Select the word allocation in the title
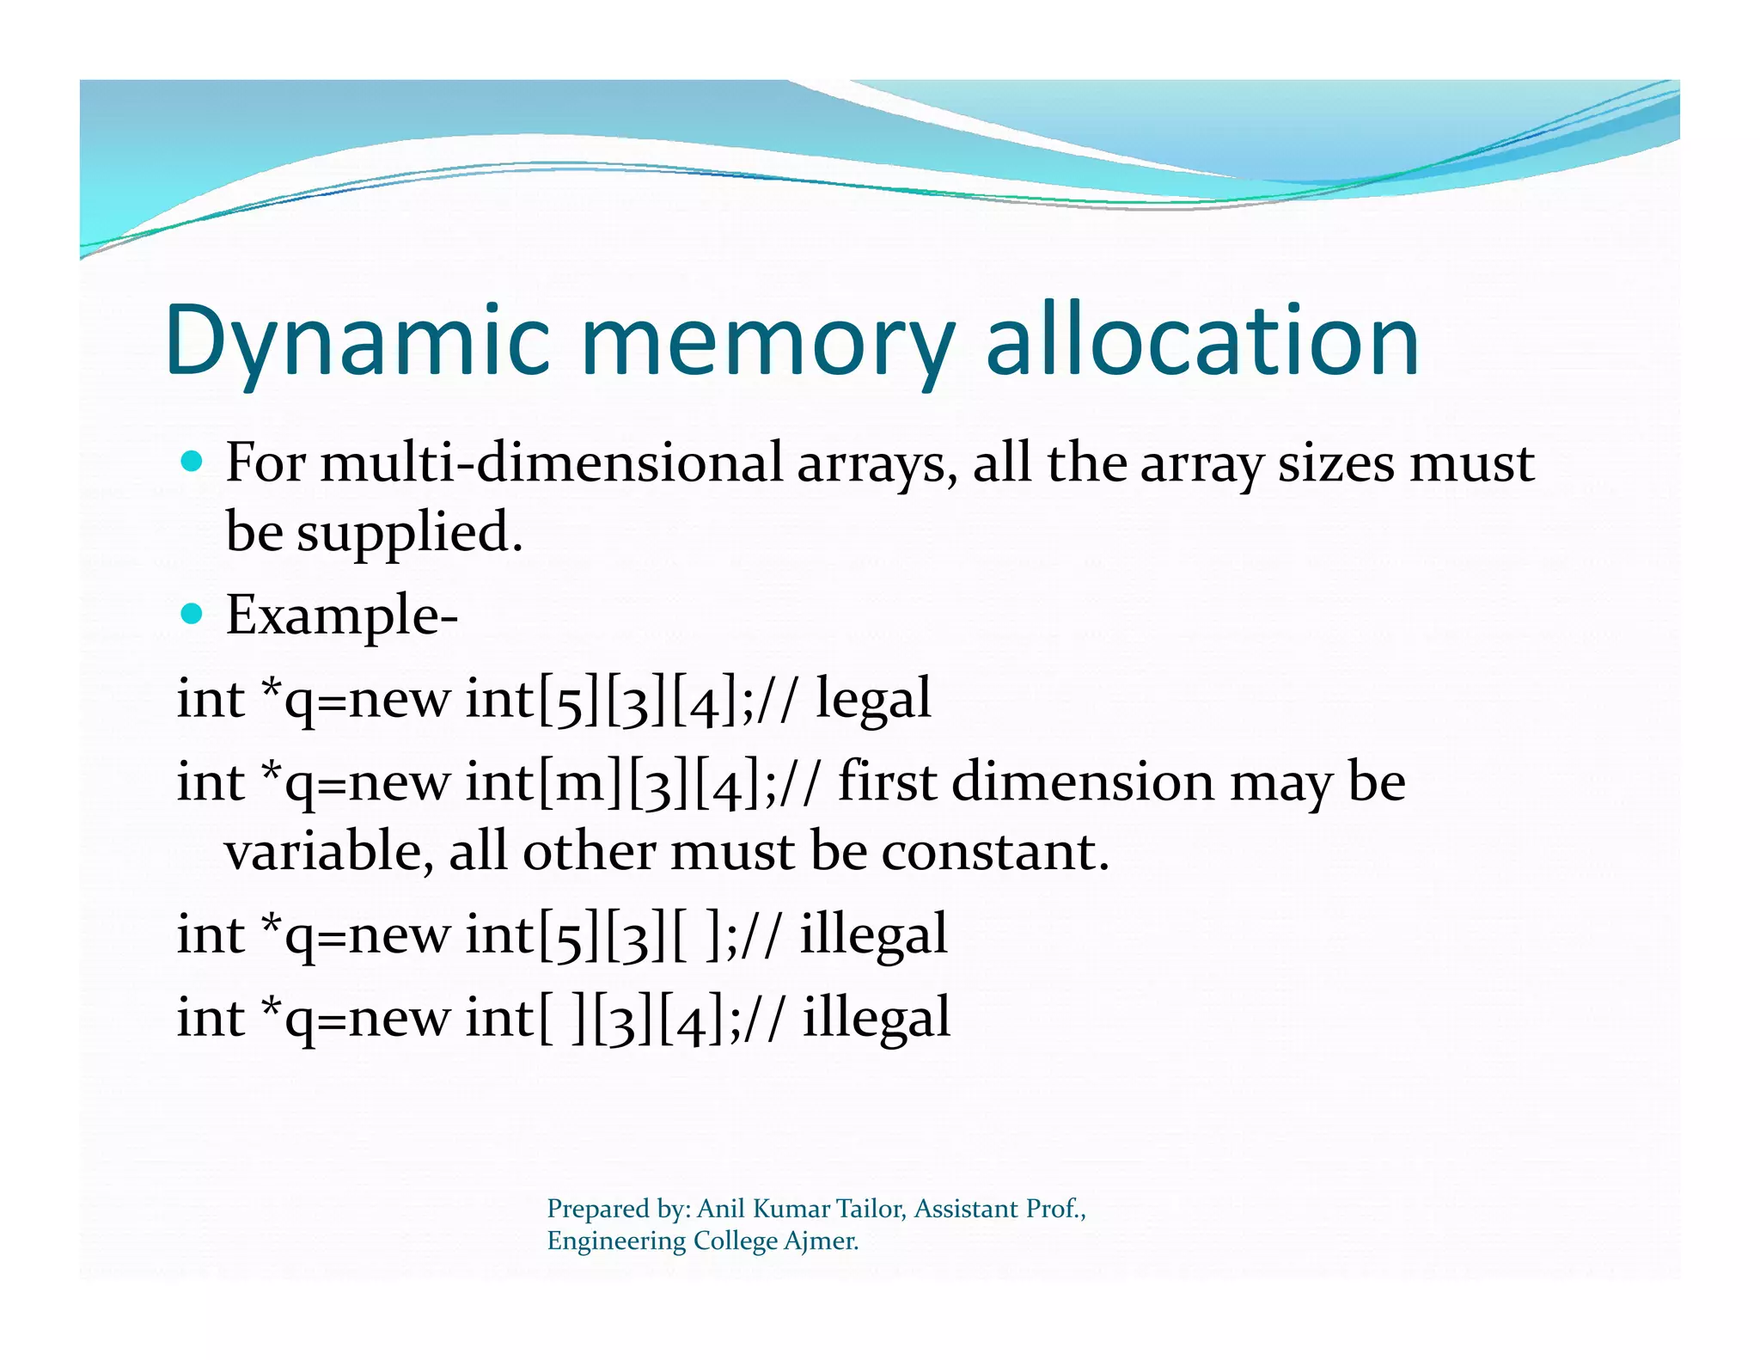[1202, 342]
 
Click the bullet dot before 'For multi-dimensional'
[192, 462]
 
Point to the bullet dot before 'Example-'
[192, 614]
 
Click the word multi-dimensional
[552, 463]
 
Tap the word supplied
[409, 533]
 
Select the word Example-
[342, 616]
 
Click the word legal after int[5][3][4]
[873, 698]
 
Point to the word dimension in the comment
[1083, 782]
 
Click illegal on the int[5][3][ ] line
[873, 934]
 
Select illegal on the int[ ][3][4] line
[877, 1017]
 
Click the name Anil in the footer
[721, 1209]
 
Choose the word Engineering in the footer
[616, 1241]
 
